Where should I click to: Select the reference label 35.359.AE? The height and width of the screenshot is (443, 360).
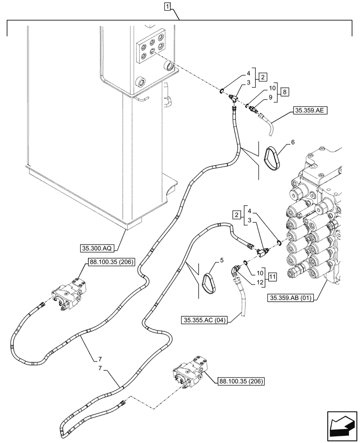[x=309, y=111]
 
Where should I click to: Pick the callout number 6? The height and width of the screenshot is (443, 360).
[x=293, y=141]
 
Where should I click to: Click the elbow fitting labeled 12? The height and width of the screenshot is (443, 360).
[x=235, y=270]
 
